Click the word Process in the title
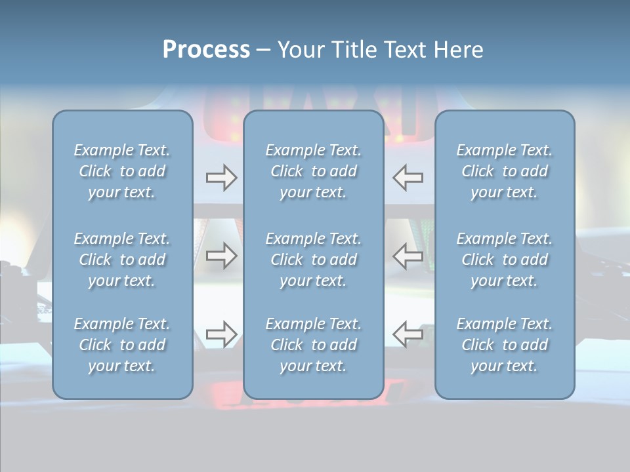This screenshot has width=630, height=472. click(x=206, y=50)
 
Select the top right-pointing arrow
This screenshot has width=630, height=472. click(x=221, y=178)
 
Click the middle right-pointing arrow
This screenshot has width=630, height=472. click(x=221, y=256)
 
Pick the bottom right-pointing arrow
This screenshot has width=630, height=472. click(x=221, y=334)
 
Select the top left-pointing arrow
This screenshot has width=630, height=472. click(x=408, y=178)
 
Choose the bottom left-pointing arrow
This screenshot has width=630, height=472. click(x=408, y=334)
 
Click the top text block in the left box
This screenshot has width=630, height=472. click(x=122, y=171)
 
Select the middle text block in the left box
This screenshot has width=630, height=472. click(x=122, y=260)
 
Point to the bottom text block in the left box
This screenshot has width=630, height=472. click(x=122, y=345)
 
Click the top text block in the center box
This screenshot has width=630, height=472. click(x=314, y=171)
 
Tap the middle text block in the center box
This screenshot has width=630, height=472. click(x=314, y=260)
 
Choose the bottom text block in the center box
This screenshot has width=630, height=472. click(x=314, y=345)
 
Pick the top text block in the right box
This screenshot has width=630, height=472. click(x=505, y=171)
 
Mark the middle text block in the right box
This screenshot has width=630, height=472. click(x=505, y=260)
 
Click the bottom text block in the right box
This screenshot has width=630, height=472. click(x=505, y=345)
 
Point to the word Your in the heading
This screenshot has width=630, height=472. click(x=299, y=50)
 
